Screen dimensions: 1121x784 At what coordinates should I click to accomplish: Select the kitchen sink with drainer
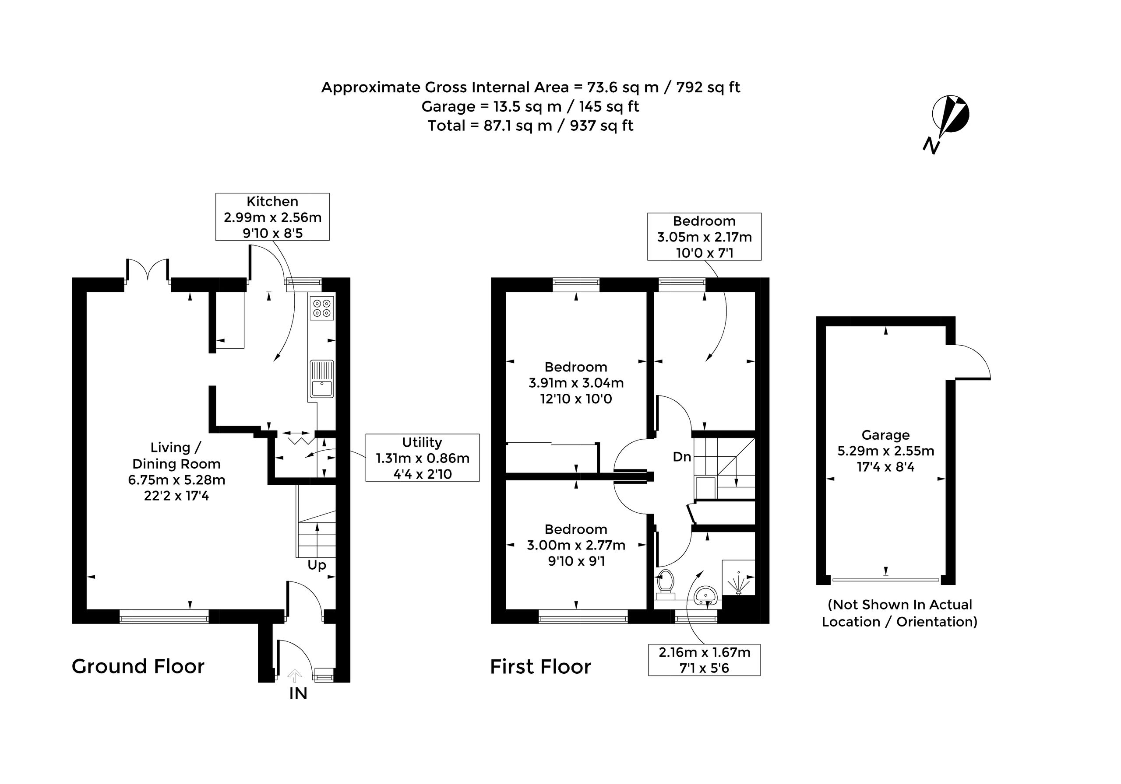tap(322, 379)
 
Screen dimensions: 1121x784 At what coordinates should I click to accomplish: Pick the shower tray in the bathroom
tap(738, 577)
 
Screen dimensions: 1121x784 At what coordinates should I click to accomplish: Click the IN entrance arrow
tap(294, 675)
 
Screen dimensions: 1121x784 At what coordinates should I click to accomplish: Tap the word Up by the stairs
tap(317, 565)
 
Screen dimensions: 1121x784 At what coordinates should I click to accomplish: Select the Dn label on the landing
tap(682, 457)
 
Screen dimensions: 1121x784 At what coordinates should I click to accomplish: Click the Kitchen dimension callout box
tap(272, 217)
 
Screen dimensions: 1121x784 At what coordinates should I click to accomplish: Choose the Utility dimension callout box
tap(422, 458)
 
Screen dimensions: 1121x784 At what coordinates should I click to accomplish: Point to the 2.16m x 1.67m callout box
tap(704, 660)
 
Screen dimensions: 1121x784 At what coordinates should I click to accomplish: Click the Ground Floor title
tap(138, 666)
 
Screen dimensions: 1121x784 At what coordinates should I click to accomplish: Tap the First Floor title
tap(540, 667)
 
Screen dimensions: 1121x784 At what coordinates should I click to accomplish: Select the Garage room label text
tap(886, 435)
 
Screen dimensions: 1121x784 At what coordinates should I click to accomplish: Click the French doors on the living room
tap(148, 271)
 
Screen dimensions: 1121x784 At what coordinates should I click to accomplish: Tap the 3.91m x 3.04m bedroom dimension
tap(576, 383)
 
